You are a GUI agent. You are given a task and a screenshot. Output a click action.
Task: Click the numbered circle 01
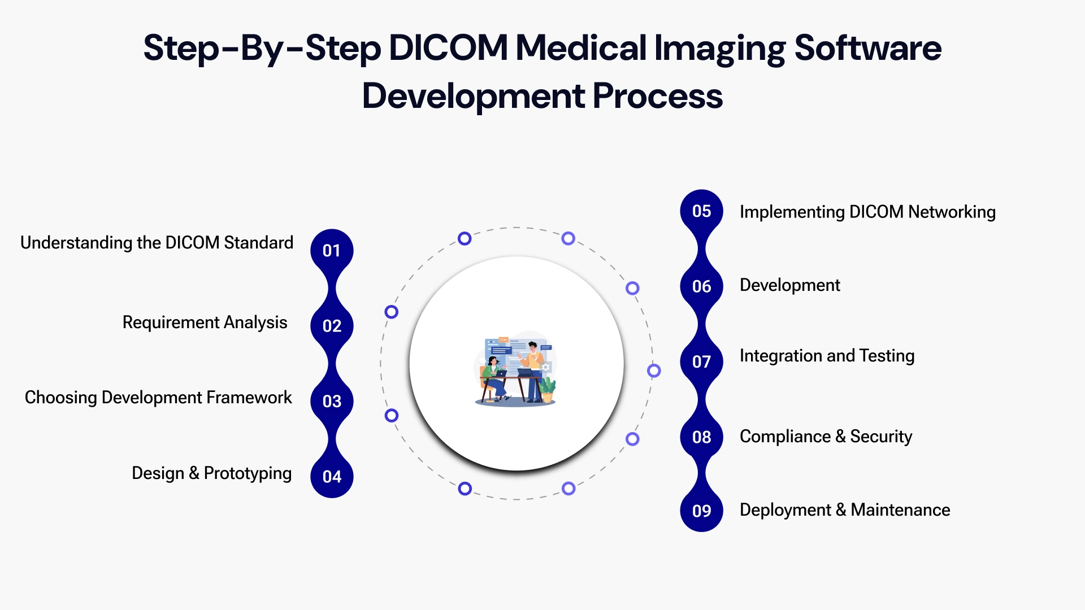coord(332,250)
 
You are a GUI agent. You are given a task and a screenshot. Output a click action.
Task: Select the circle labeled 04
coord(332,477)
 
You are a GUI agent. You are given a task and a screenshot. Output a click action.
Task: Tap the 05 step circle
coord(701,211)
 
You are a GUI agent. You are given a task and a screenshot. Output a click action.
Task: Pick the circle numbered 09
coord(701,511)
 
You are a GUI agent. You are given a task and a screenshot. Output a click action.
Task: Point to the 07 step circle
coord(701,361)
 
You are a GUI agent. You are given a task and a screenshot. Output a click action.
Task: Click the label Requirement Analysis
coord(205,323)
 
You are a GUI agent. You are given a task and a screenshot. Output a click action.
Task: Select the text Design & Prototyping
coord(211,473)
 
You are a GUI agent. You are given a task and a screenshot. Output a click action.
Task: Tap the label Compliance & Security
coord(826,437)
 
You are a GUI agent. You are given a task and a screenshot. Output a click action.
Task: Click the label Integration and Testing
coord(827,356)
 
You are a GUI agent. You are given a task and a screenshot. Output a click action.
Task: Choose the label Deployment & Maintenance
coord(845,510)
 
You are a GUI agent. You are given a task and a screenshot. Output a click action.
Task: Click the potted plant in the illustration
coord(547,389)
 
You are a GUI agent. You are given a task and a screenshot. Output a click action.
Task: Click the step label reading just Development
coord(789,285)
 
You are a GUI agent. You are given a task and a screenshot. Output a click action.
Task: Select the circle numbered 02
coord(332,326)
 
